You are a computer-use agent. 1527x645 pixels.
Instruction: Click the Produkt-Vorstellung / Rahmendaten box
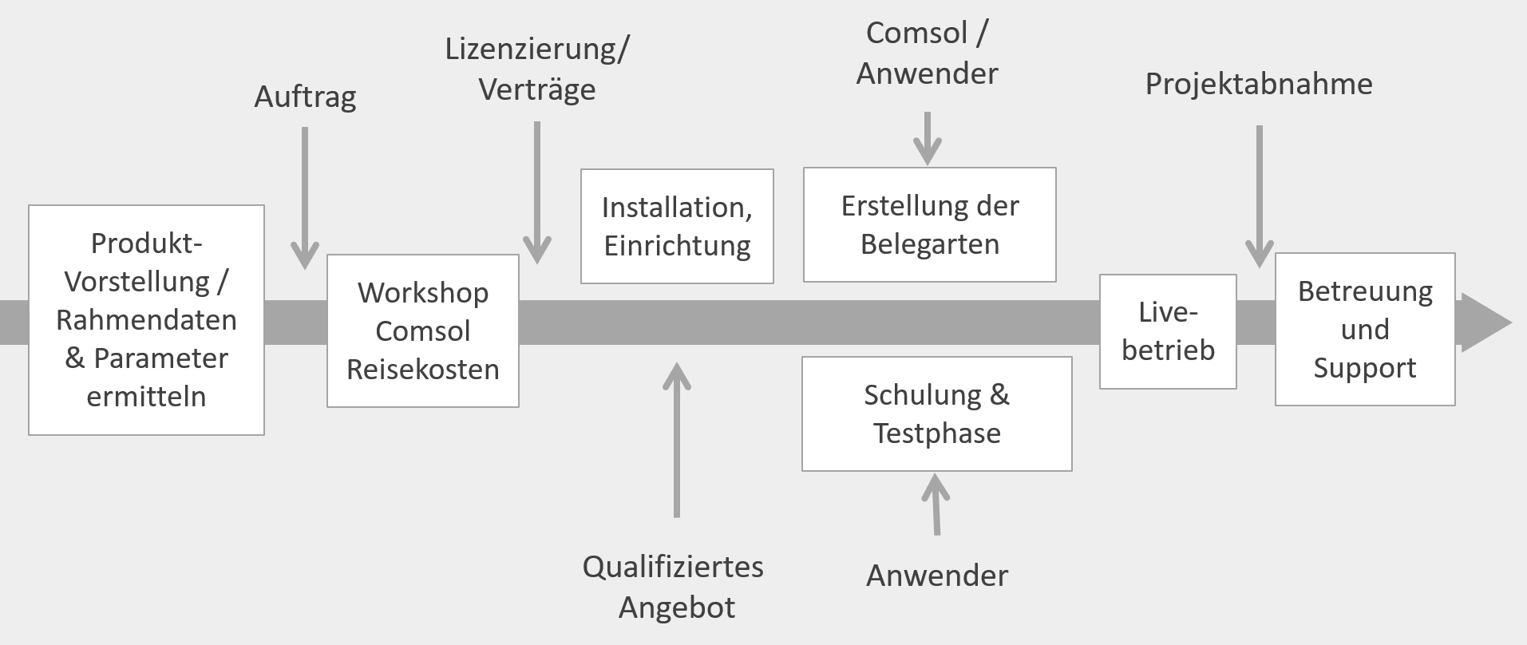pos(146,320)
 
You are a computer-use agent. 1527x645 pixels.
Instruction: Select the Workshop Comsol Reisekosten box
pos(423,330)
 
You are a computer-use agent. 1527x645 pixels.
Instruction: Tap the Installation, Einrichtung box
pos(677,226)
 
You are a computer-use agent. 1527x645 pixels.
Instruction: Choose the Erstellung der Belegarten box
pos(929,224)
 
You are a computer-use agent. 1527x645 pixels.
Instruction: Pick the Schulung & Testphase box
pos(936,414)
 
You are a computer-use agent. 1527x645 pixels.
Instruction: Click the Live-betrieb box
pos(1168,331)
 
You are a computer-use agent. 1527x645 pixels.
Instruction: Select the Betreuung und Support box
pos(1365,329)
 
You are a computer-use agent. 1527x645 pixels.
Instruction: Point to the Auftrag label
pos(305,97)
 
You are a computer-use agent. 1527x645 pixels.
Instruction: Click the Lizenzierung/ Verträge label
pos(537,69)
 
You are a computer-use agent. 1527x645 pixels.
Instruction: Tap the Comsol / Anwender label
pos(927,53)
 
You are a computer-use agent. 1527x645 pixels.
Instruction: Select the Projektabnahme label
pos(1259,84)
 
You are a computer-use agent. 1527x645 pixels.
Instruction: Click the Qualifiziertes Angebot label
pos(674,587)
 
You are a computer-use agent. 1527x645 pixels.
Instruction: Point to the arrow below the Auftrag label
pos(305,198)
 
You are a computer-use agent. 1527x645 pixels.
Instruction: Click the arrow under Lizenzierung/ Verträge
pos(537,192)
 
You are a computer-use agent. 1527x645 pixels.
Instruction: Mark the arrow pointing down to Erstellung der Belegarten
pos(928,138)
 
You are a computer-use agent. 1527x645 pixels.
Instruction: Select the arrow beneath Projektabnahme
pos(1260,196)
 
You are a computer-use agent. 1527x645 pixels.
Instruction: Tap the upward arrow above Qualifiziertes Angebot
pos(677,440)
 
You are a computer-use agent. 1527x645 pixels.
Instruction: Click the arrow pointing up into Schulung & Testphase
pos(936,504)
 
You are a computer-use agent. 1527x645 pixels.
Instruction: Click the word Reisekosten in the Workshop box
pos(423,369)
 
